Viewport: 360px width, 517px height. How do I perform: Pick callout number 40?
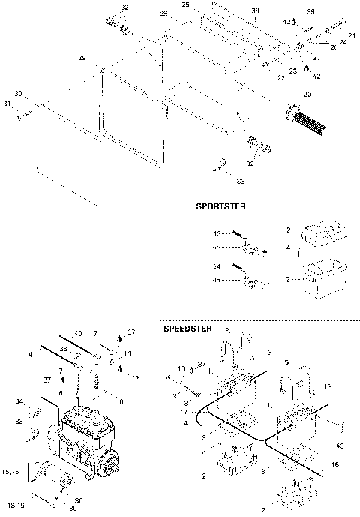point(77,333)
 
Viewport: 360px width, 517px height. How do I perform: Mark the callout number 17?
point(183,413)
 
